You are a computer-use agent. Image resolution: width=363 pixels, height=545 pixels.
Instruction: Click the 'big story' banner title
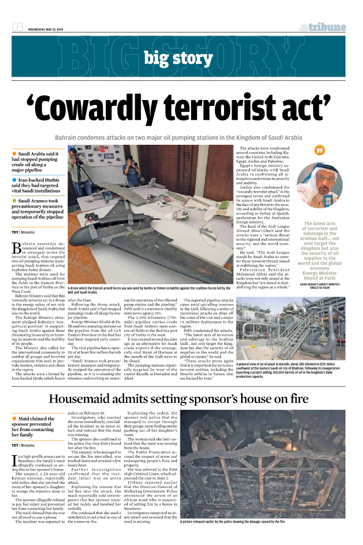(180, 57)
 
